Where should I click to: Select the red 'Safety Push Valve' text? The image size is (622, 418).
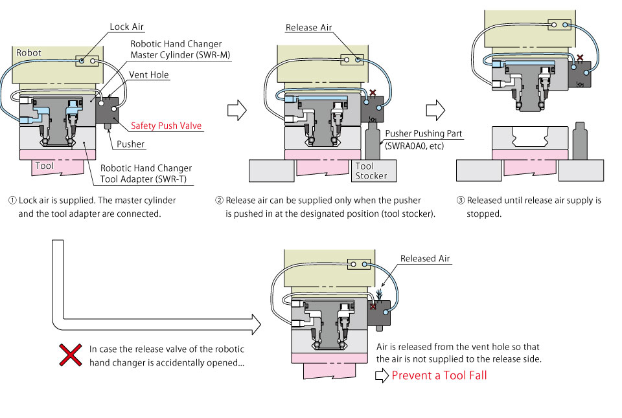coord(166,126)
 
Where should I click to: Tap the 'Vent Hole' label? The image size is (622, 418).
coord(149,75)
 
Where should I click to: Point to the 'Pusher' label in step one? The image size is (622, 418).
coord(130,144)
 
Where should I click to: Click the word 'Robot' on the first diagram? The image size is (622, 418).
coord(29,52)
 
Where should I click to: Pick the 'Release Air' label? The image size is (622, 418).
coord(310,28)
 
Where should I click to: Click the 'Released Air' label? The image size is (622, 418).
coord(425,259)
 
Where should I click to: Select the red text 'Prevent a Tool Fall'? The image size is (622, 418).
coord(439,375)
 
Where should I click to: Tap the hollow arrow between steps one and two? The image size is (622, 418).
coord(238,110)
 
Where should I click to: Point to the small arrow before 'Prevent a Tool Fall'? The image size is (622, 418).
coord(382,375)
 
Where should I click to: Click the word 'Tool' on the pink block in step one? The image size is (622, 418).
coord(45,166)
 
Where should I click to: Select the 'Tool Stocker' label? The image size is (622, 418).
coord(371,171)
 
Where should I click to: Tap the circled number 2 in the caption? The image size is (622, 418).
coord(219,201)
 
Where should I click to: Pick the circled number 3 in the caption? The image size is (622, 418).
coord(461,201)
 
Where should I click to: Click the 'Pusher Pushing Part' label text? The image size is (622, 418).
coord(424,134)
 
